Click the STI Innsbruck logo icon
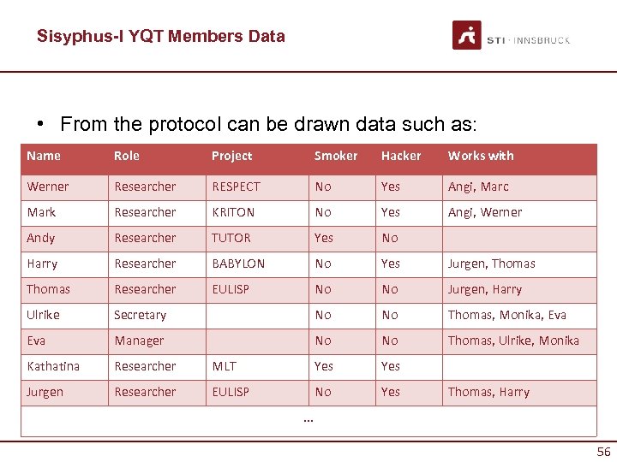point(467,35)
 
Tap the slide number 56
point(603,452)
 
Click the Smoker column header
point(336,156)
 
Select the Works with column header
point(481,156)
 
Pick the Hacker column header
point(401,156)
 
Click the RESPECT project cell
point(236,187)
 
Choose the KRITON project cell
point(233,212)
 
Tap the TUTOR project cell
point(231,238)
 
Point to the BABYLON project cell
point(238,264)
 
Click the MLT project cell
point(225,366)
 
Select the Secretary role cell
point(140,315)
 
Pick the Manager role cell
point(139,341)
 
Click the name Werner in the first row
point(48,187)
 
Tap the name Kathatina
point(53,366)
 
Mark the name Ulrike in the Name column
point(43,315)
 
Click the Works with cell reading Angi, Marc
point(478,187)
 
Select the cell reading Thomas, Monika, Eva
point(507,315)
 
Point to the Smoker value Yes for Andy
point(324,238)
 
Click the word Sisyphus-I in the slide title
point(73,36)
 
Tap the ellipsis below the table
point(308,420)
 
